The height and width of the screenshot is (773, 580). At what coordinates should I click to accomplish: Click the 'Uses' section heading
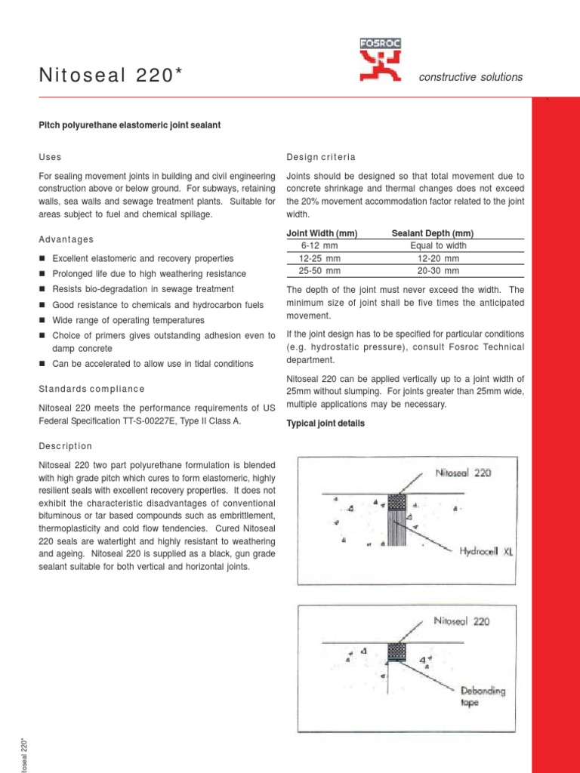(x=50, y=157)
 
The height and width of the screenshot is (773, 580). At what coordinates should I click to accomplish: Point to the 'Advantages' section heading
(x=66, y=239)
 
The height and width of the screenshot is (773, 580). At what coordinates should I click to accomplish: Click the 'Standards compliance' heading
(x=91, y=389)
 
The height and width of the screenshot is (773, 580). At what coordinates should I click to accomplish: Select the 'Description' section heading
(x=65, y=446)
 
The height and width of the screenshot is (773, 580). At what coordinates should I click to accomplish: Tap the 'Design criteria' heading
(x=320, y=157)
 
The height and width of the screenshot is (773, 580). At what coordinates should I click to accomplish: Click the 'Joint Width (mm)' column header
(x=322, y=234)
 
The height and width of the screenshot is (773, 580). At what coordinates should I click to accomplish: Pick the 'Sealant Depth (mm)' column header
(x=433, y=234)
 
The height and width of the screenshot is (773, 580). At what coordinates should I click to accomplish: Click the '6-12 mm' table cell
(x=319, y=246)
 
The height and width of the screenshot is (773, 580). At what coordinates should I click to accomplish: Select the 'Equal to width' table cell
(x=438, y=246)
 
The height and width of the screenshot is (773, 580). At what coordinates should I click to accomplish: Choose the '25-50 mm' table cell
(x=319, y=270)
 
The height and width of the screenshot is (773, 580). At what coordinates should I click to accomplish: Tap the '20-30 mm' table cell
(x=438, y=270)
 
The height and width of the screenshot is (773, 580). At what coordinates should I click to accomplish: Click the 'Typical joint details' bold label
(x=325, y=423)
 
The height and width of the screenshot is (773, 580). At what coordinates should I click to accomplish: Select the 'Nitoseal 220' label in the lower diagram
(x=462, y=622)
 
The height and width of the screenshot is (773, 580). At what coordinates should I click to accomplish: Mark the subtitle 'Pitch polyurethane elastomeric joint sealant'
(x=129, y=125)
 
